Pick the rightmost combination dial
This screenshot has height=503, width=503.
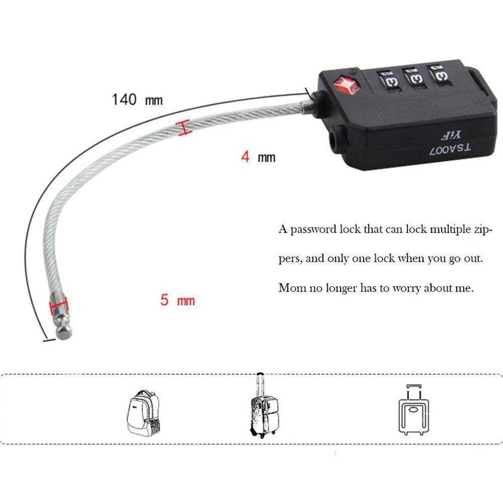click(x=439, y=75)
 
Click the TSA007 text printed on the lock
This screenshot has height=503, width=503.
click(x=450, y=149)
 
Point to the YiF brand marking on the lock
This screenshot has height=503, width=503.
click(x=450, y=135)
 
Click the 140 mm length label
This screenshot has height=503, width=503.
click(x=137, y=100)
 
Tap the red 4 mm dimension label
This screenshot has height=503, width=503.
click(x=258, y=156)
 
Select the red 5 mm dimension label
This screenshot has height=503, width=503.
click(x=178, y=300)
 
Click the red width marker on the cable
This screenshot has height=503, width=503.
click(x=184, y=127)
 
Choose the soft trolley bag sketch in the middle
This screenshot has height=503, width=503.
click(x=265, y=405)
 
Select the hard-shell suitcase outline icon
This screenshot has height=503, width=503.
click(x=414, y=409)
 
